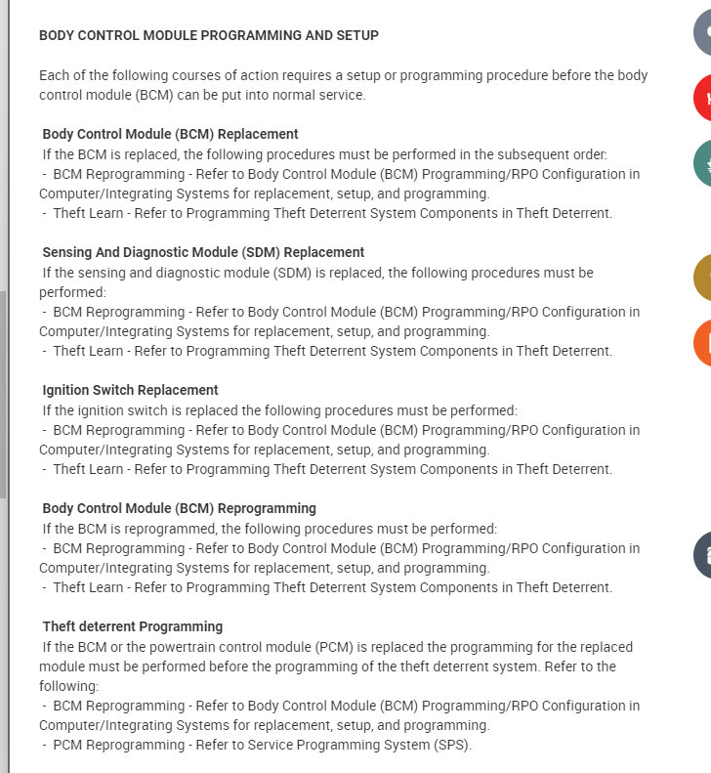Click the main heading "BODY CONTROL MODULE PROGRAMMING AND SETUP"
209,35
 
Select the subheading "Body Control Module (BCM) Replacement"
171,134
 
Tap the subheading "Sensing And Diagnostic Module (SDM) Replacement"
203,252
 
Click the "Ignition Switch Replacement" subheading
131,390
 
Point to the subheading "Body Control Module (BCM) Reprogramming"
180,508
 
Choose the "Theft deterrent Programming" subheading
133,626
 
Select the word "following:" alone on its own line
68,686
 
